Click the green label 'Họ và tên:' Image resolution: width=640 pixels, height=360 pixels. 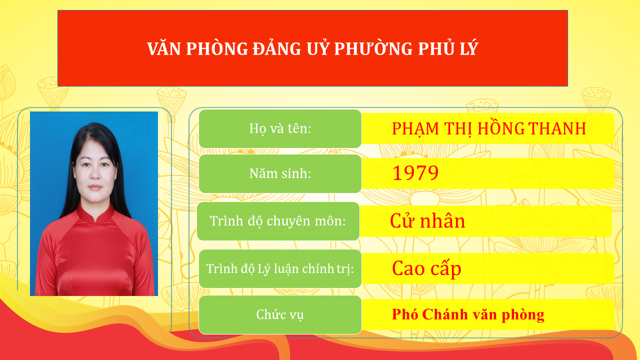(280, 128)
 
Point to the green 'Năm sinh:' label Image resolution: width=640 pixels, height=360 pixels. (280, 173)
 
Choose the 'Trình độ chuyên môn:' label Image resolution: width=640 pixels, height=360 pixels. (278, 221)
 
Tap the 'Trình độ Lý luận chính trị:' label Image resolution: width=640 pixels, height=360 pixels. (280, 268)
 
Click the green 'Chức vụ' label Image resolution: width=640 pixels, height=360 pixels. (280, 314)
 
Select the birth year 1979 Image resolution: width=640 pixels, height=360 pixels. (415, 173)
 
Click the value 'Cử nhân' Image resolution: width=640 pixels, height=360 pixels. (427, 221)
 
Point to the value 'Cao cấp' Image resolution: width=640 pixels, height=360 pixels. (426, 268)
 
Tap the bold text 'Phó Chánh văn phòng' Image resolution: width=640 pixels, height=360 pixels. (468, 314)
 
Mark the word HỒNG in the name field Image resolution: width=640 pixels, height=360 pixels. (501, 128)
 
